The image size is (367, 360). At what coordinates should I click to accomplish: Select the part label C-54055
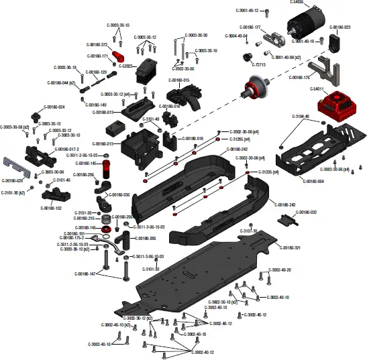tap(297, 3)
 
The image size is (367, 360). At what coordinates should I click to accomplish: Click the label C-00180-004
tap(313, 181)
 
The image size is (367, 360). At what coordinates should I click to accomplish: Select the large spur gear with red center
tap(256, 87)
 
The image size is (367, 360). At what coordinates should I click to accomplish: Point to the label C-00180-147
tap(87, 274)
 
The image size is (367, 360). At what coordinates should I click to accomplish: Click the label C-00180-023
tap(337, 27)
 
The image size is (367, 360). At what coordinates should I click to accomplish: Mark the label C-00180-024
tap(53, 107)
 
